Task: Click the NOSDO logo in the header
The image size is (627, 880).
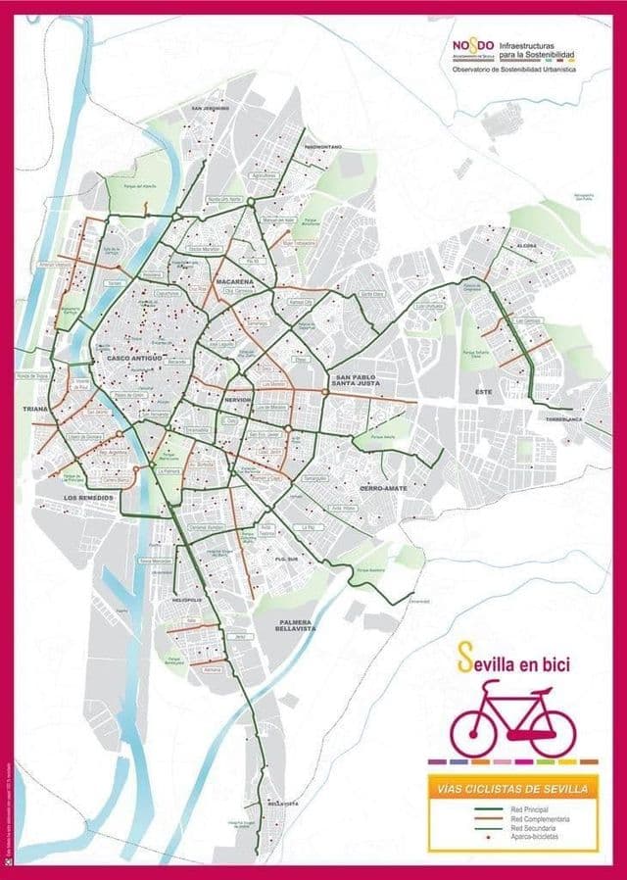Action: pyautogui.click(x=473, y=45)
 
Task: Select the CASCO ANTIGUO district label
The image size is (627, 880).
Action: pyautogui.click(x=133, y=358)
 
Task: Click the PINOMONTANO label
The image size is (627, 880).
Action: pyautogui.click(x=322, y=147)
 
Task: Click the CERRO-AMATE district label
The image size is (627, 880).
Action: pyautogui.click(x=383, y=487)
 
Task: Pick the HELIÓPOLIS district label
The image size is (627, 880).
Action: pyautogui.click(x=187, y=599)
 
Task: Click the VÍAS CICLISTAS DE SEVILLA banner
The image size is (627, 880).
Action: pyautogui.click(x=514, y=788)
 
